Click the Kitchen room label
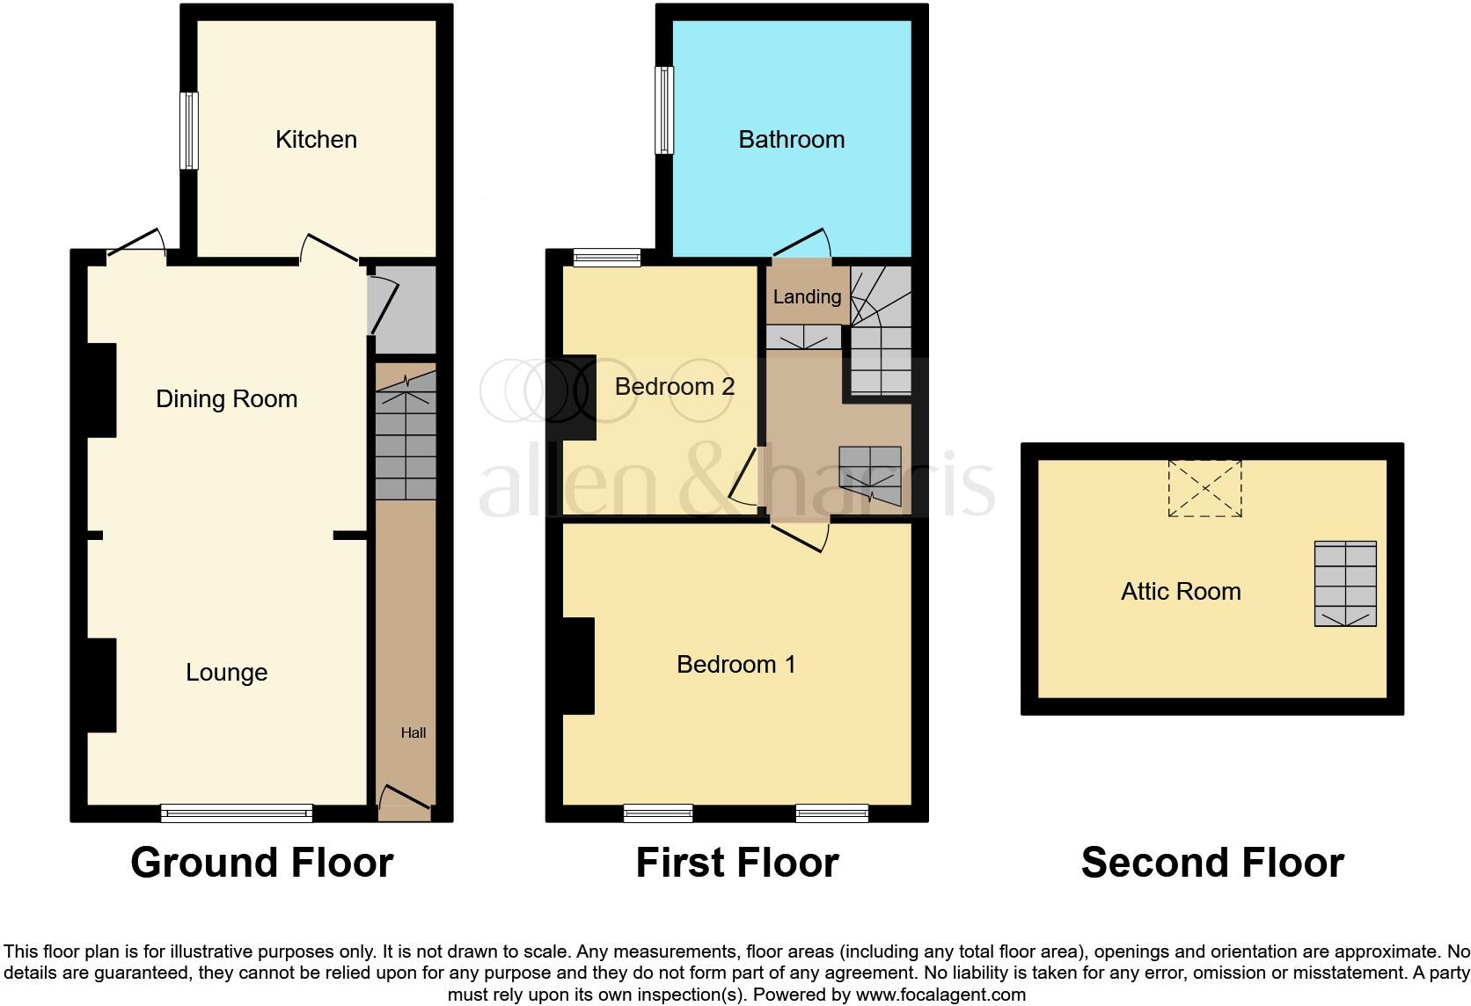pos(316,139)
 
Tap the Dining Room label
pos(226,398)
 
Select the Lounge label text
pos(226,672)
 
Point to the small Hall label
pos(413,733)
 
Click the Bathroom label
pos(791,139)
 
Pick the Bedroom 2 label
pos(674,386)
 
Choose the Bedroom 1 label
pos(735,664)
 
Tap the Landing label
pos(807,296)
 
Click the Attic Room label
pos(1181,591)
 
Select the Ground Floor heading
pos(261,863)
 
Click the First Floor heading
pos(737,863)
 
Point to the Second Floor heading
pos(1212,863)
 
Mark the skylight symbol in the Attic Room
pos(1204,488)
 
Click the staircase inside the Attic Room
pos(1345,583)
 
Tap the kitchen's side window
pos(189,130)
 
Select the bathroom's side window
pos(665,110)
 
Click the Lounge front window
pos(237,813)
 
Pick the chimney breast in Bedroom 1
pos(579,665)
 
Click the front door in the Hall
pos(406,798)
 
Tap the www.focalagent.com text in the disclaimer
pos(940,995)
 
